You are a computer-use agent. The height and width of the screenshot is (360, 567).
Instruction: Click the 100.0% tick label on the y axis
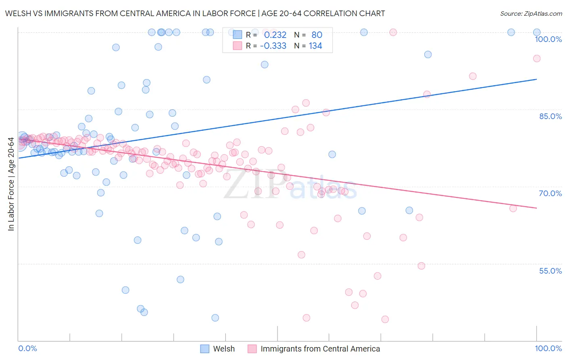click(548, 39)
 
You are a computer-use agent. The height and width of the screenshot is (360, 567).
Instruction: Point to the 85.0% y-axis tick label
click(550, 116)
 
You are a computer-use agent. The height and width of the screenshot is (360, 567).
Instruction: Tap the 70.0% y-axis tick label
click(550, 193)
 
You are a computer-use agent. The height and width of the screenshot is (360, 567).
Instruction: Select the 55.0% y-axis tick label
click(550, 271)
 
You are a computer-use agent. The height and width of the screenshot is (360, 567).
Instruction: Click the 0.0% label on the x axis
click(27, 349)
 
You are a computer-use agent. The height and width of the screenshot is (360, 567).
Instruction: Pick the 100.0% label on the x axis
click(548, 349)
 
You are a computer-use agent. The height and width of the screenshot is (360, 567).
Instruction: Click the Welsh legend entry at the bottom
click(223, 349)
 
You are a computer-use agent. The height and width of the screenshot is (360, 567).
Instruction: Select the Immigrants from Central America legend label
click(320, 349)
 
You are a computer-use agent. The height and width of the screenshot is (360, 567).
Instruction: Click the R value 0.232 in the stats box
click(275, 35)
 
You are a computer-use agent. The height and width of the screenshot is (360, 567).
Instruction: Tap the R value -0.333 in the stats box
click(273, 46)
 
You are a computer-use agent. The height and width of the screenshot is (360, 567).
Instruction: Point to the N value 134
click(315, 46)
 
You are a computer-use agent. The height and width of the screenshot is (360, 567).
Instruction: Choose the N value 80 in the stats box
click(317, 35)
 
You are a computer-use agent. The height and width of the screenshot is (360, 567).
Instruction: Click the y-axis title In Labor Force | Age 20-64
click(11, 184)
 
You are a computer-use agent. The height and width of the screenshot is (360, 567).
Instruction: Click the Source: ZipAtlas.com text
click(531, 14)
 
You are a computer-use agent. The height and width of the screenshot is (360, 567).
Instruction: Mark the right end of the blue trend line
click(537, 79)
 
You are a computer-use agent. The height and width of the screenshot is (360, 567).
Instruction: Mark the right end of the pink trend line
click(537, 208)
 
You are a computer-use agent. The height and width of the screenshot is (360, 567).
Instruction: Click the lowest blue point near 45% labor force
click(215, 318)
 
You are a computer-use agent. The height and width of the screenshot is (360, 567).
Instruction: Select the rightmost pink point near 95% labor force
click(537, 59)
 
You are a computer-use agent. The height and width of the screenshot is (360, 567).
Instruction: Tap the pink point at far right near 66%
click(513, 208)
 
